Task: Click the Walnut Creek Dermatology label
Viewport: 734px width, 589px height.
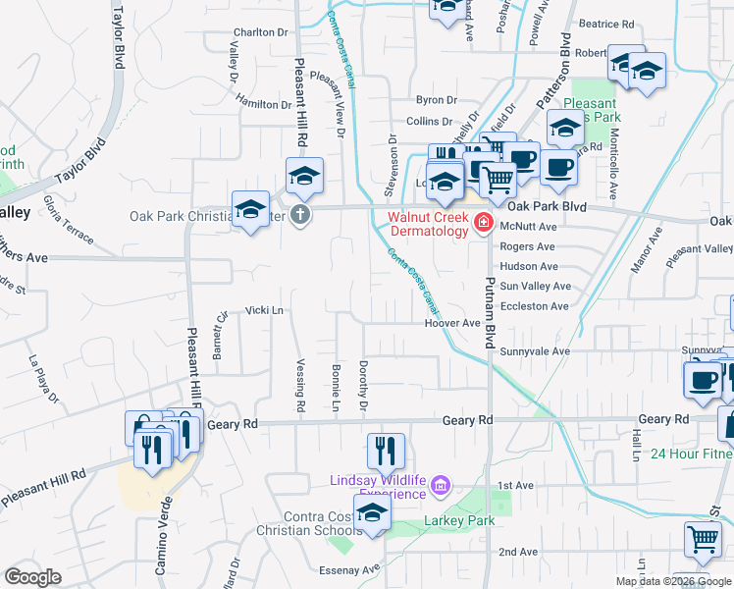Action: click(428, 224)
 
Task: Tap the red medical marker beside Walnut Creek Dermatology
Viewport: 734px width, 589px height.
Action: click(483, 225)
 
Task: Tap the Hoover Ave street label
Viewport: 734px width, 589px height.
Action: click(451, 323)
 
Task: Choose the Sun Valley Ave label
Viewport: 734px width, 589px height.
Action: click(535, 287)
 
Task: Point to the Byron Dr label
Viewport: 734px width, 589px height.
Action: click(437, 100)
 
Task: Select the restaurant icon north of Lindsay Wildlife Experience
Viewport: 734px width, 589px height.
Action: click(386, 450)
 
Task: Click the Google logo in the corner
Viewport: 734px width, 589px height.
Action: click(32, 577)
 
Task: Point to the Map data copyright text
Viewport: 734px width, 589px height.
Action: click(672, 581)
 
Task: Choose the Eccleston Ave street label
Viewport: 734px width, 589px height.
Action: click(534, 306)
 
